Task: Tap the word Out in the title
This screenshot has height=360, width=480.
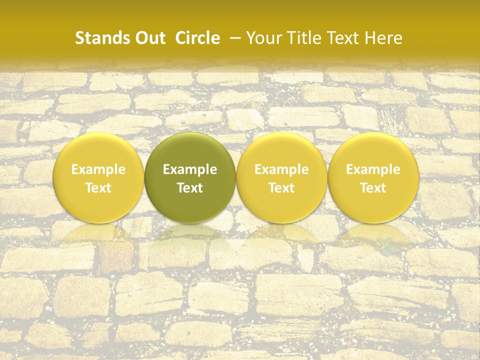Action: [149, 38]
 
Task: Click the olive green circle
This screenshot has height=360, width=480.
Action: [190, 178]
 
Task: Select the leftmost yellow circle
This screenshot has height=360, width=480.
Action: [98, 178]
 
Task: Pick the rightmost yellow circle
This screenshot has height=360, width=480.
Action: [373, 178]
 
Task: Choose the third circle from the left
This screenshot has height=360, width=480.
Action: [281, 178]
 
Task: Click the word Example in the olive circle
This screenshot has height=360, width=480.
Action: [190, 169]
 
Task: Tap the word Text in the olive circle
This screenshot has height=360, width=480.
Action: [190, 188]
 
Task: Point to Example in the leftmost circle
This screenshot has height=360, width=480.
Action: [98, 169]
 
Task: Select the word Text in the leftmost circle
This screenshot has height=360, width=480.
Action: [98, 188]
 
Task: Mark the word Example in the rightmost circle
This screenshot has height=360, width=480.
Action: [373, 169]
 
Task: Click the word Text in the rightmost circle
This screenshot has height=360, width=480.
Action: [373, 188]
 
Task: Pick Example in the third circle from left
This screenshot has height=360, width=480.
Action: [281, 169]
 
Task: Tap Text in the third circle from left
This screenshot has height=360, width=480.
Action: [281, 188]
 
